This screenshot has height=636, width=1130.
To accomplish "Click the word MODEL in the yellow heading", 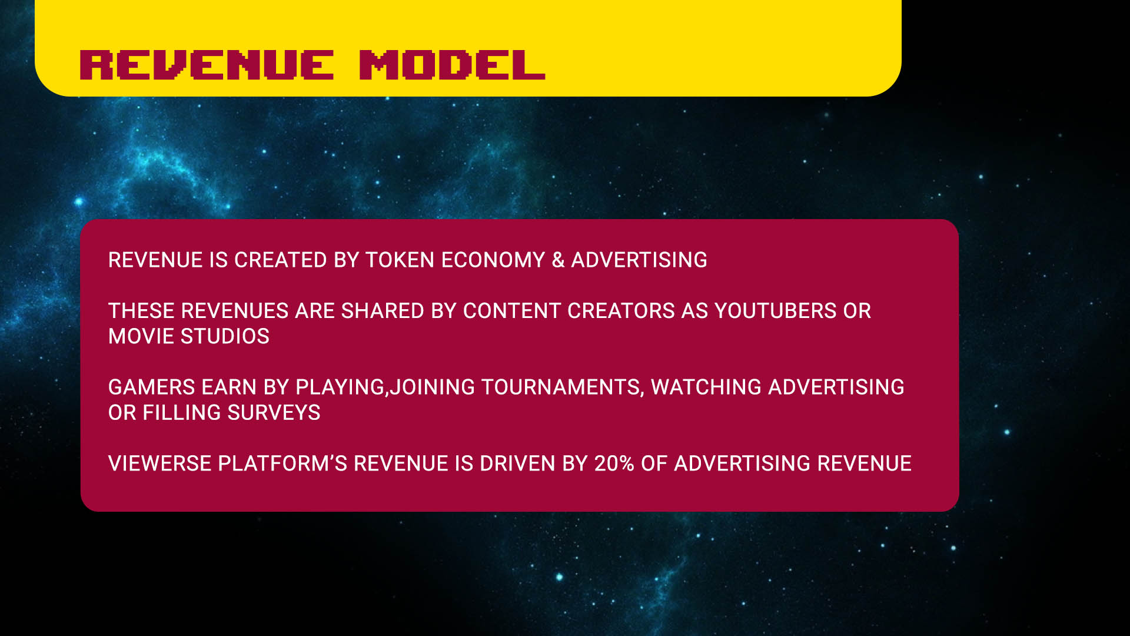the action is click(x=452, y=65).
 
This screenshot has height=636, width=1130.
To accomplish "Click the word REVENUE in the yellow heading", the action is click(x=207, y=65).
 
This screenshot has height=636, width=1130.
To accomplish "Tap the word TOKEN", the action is click(x=400, y=260).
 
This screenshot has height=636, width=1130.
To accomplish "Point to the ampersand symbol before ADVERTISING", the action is click(x=558, y=260).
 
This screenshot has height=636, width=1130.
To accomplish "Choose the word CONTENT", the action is click(x=512, y=311).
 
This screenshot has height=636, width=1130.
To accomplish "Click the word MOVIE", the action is click(x=141, y=336).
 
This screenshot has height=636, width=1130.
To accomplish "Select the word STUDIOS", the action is click(x=225, y=336).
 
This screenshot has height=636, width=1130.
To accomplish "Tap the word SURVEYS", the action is click(x=274, y=413).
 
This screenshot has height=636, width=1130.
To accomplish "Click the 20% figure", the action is click(x=614, y=464).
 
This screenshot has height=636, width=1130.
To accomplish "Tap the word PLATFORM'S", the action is click(x=283, y=464).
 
